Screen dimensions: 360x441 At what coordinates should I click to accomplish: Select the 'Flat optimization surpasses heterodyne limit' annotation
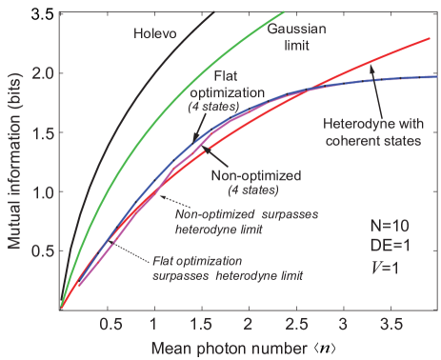(226, 268)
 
